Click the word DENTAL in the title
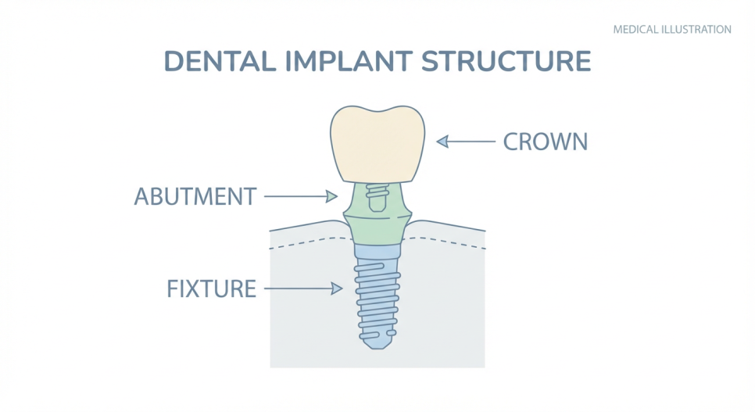pos(220,61)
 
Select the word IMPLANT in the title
pos(349,61)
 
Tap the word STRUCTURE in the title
pos(506,61)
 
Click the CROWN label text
pos(546,142)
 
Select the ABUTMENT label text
pos(195,196)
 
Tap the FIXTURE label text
pos(211,288)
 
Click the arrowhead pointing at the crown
pos(442,142)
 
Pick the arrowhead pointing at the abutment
pos(331,196)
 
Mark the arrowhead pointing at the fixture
pos(337,288)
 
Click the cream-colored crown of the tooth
pos(377,145)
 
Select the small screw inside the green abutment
pos(377,198)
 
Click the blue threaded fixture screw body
pos(377,303)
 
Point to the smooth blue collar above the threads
pos(377,252)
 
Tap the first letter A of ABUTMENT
pos(142,196)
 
